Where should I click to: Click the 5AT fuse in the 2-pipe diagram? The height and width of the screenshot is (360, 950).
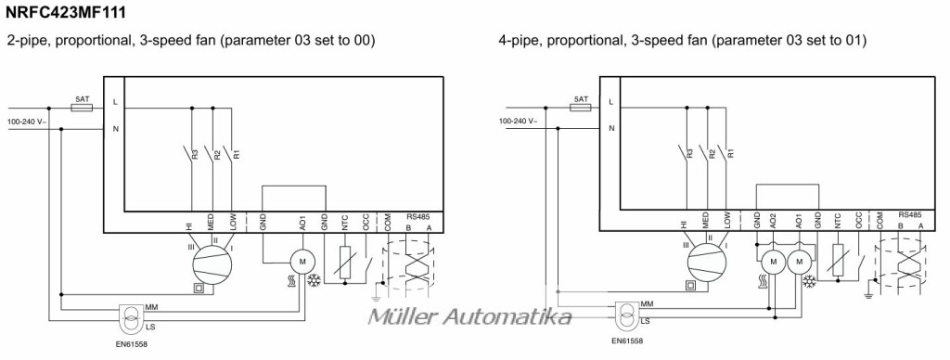click(82, 108)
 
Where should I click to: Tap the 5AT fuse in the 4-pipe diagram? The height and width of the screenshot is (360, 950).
click(580, 108)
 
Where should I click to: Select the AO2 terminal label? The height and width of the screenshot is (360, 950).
click(773, 220)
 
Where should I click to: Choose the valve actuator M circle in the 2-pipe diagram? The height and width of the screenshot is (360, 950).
click(302, 262)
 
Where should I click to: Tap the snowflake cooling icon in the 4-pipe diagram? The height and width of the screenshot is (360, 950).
click(809, 281)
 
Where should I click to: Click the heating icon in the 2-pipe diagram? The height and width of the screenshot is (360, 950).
click(290, 280)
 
